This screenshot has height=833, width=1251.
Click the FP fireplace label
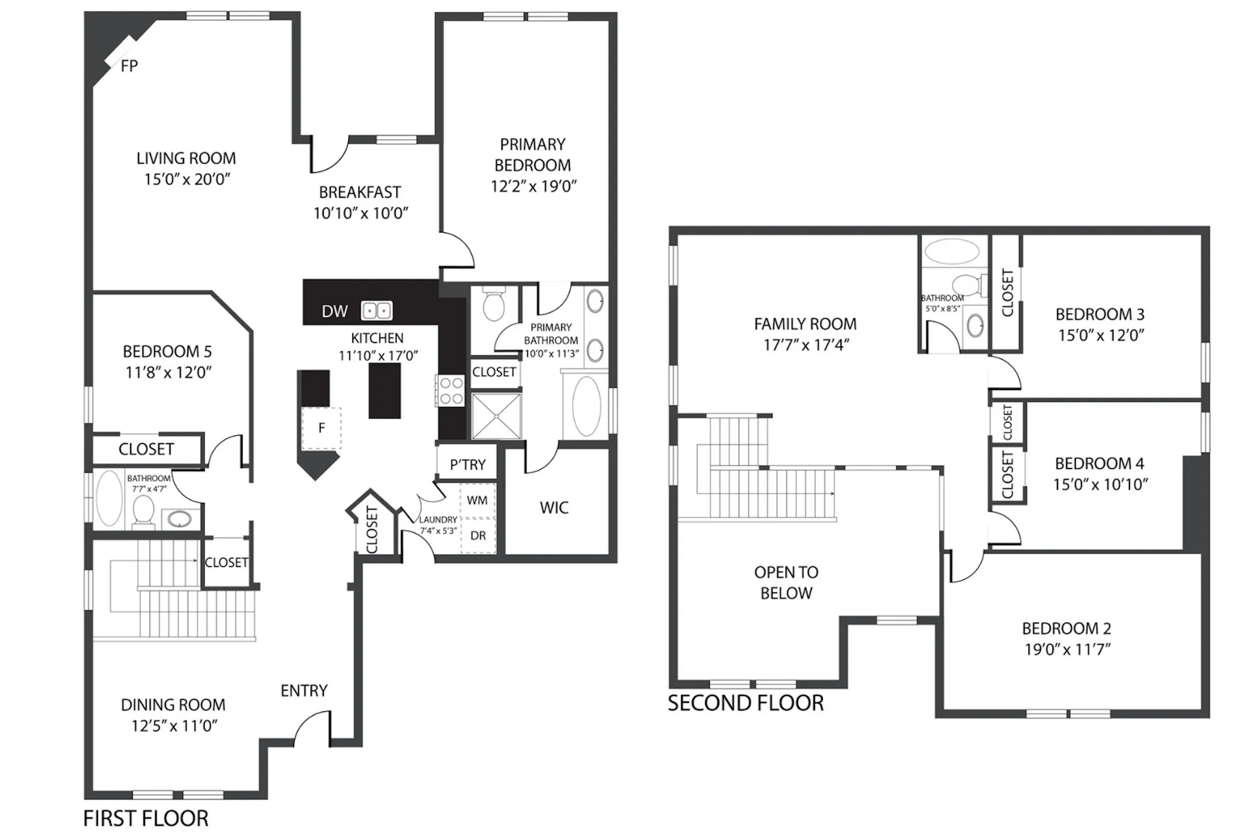click(x=129, y=66)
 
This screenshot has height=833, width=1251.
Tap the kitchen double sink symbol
click(x=376, y=311)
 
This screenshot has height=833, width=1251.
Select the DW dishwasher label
click(x=334, y=311)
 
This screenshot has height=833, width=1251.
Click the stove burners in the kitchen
click(x=449, y=391)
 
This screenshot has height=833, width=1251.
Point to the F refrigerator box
click(x=322, y=428)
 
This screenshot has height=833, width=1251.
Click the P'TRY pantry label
click(x=467, y=464)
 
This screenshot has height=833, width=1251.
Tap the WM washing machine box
click(x=477, y=500)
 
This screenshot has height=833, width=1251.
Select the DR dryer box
click(x=478, y=535)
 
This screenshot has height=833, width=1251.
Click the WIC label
click(x=554, y=508)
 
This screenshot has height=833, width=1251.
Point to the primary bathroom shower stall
click(x=496, y=416)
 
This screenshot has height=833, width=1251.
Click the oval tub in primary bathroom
click(x=586, y=406)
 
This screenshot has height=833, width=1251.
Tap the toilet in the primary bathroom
click(x=493, y=305)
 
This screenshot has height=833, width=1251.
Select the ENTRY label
click(x=304, y=690)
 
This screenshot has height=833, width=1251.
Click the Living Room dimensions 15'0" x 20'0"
click(x=187, y=180)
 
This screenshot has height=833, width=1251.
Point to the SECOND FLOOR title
click(x=746, y=703)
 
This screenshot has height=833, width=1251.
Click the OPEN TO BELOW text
click(x=786, y=583)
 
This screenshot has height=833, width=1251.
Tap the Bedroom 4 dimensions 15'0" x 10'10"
click(x=1100, y=485)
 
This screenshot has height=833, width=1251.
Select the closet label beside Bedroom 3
click(x=1007, y=292)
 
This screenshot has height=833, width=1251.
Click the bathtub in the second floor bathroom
click(x=951, y=252)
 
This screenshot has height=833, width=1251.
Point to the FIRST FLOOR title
click(x=146, y=818)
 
